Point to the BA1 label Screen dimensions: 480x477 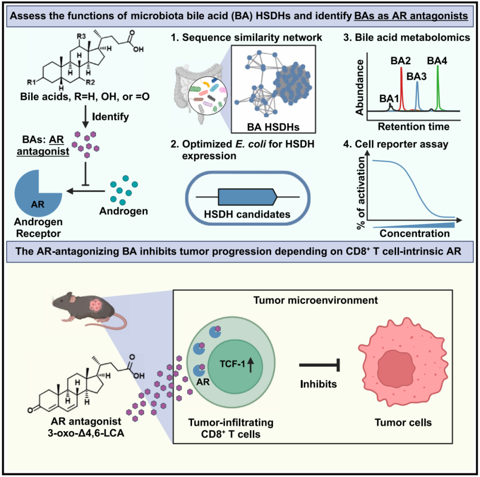click(x=389, y=99)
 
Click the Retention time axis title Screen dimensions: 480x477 click(x=414, y=126)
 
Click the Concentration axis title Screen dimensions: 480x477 click(x=415, y=233)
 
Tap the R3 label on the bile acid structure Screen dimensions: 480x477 click(x=81, y=36)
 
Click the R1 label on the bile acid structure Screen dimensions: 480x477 click(x=31, y=82)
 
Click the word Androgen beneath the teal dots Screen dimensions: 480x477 click(x=124, y=211)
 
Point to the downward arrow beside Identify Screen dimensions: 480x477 click(x=85, y=116)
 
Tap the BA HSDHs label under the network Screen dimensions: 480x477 click(x=273, y=127)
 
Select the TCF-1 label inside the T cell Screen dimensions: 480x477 click(x=232, y=364)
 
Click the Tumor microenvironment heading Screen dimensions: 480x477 click(x=316, y=300)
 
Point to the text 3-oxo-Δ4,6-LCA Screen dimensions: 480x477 click(x=86, y=433)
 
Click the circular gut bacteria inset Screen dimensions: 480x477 click(x=207, y=96)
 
